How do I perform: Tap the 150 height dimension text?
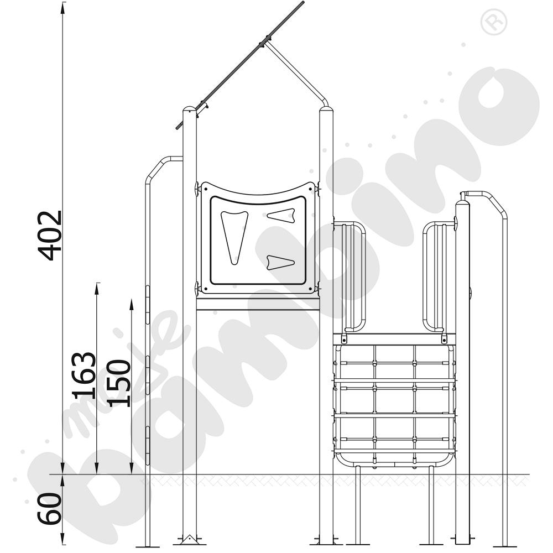point(118,383)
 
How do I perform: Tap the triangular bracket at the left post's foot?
point(189,539)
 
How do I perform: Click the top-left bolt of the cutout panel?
point(197,189)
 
